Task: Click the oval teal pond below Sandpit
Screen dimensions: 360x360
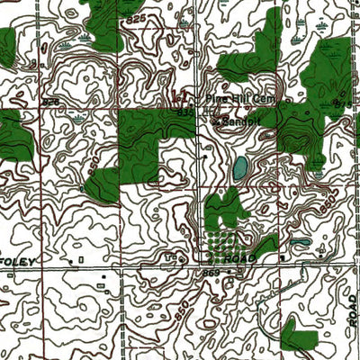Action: click(x=239, y=167)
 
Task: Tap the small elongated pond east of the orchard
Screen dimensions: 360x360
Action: click(x=300, y=241)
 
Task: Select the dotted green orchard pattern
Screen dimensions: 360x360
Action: click(x=220, y=242)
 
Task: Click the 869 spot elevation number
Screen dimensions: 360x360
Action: click(x=211, y=271)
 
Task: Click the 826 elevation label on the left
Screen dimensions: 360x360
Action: click(x=50, y=102)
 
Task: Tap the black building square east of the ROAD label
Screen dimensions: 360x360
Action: click(x=282, y=258)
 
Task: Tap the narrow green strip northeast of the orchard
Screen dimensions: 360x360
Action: click(x=267, y=243)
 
